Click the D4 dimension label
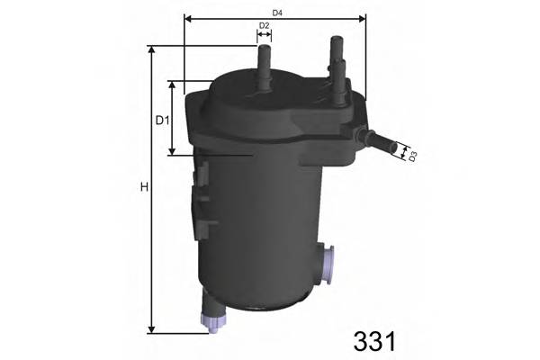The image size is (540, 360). (277, 12)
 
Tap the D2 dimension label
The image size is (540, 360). (265, 25)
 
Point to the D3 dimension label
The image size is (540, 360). (412, 157)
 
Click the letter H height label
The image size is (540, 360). (143, 188)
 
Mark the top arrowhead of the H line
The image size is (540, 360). (151, 50)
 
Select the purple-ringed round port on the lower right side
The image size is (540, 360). (329, 264)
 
